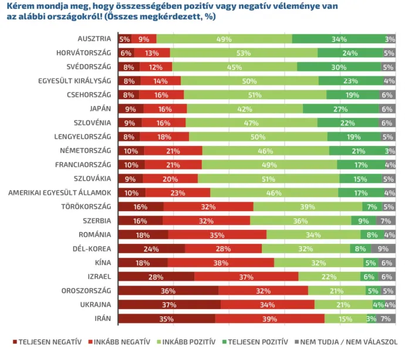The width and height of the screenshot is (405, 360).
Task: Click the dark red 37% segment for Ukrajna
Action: click(x=169, y=304)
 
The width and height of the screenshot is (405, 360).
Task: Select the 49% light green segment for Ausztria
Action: click(x=224, y=39)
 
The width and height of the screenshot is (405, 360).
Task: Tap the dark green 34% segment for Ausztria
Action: click(x=338, y=39)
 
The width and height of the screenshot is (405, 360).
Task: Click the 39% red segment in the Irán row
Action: click(x=269, y=318)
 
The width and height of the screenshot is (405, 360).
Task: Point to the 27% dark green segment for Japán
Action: click(x=341, y=109)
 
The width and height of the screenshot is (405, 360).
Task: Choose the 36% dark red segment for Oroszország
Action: click(x=168, y=290)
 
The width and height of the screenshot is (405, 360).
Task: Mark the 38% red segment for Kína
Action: click(x=221, y=263)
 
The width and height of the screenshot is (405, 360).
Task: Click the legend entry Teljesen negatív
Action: click(x=46, y=341)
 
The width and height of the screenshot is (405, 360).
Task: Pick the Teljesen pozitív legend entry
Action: click(x=257, y=341)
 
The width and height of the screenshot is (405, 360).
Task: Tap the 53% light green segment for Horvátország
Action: click(x=244, y=53)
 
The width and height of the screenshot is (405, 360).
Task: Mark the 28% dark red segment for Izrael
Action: click(x=156, y=276)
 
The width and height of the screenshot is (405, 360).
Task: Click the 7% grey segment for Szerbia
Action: click(x=386, y=220)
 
